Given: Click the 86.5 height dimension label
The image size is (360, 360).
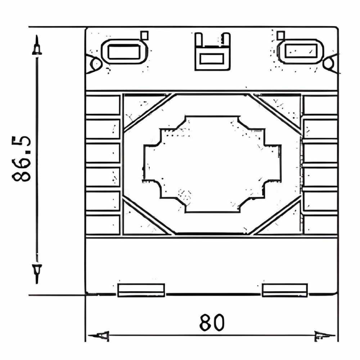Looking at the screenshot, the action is pyautogui.click(x=21, y=159).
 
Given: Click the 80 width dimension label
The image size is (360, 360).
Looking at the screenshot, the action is pyautogui.click(x=211, y=322).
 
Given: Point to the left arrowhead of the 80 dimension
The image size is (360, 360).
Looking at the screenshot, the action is pyautogui.click(x=99, y=336).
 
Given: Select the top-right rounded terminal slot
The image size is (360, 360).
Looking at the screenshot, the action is pyautogui.click(x=300, y=51).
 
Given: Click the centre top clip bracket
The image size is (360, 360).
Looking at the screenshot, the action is pyautogui.click(x=212, y=51).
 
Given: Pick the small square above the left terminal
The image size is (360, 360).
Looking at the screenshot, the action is pyautogui.click(x=144, y=36).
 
